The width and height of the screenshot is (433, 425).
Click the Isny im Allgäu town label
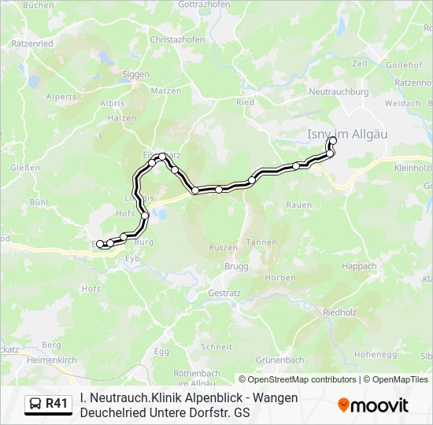(346, 135)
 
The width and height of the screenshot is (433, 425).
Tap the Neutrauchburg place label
(339, 92)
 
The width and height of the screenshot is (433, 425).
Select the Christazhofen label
(177, 39)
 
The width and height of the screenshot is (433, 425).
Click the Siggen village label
(136, 75)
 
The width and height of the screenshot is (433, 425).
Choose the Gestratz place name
(224, 292)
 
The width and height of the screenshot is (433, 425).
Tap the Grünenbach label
(280, 360)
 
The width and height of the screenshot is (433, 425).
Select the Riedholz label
(341, 312)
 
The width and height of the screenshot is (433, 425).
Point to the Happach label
(359, 267)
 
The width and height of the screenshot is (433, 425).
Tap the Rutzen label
(223, 248)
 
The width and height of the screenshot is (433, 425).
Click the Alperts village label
(61, 97)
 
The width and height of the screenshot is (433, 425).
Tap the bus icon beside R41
(35, 405)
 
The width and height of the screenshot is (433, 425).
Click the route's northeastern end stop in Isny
(333, 141)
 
